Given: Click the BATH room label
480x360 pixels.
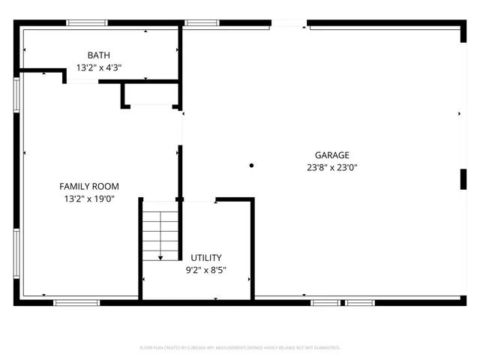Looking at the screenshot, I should click(x=99, y=55).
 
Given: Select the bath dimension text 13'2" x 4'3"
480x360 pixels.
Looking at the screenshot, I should click(x=99, y=67).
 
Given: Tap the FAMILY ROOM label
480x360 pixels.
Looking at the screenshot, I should click(x=89, y=187).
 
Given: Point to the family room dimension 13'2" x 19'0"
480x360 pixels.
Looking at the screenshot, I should click(x=89, y=199).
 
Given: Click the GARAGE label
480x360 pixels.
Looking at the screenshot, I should click(x=331, y=155).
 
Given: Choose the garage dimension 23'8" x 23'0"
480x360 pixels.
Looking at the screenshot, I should click(x=331, y=167).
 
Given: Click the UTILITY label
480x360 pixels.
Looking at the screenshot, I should click(x=205, y=257).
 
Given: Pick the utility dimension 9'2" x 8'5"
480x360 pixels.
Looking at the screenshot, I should click(x=205, y=270).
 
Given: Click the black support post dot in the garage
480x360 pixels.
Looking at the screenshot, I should click(x=252, y=165).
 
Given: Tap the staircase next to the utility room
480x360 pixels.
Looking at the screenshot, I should click(x=160, y=233).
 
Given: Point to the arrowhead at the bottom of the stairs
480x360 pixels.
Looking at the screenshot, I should click(x=160, y=257).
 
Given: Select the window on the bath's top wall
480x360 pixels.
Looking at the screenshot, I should click(x=87, y=23).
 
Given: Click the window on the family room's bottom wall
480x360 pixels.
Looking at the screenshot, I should click(x=76, y=302).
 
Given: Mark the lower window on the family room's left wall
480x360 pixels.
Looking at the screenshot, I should click(x=16, y=253).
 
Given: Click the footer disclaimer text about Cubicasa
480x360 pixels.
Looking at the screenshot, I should click(x=240, y=348).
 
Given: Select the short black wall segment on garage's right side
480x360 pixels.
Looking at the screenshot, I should click(x=462, y=178).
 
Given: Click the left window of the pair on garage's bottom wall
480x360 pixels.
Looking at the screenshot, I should click(x=325, y=302).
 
